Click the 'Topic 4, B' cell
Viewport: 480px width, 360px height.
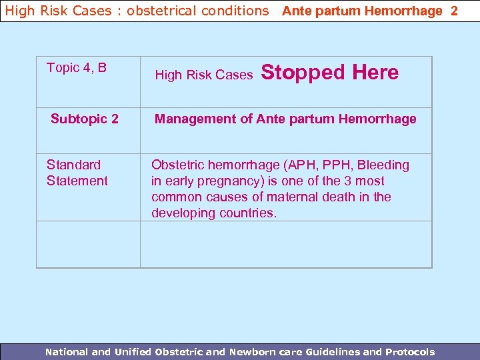click(77, 68)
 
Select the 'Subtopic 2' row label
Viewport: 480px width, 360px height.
click(85, 119)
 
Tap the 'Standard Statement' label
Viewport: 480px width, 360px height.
click(77, 173)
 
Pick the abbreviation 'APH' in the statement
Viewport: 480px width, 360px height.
click(286, 165)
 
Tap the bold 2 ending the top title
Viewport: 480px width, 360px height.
click(454, 11)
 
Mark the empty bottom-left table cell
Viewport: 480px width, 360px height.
click(88, 244)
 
